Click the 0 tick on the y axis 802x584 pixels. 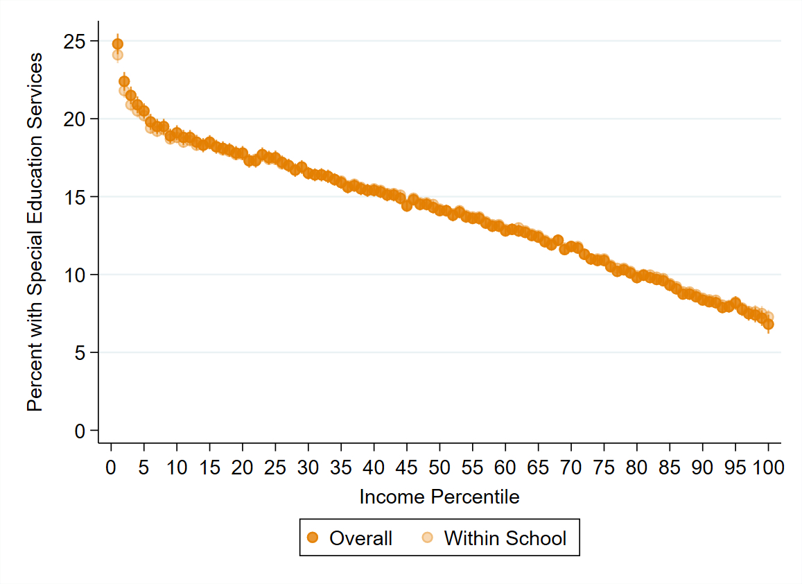tap(81, 431)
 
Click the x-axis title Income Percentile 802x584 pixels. tap(439, 497)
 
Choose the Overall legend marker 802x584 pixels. tap(313, 538)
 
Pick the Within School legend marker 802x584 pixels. tap(427, 538)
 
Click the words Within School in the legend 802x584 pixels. tap(505, 538)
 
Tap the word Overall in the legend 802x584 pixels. tap(360, 538)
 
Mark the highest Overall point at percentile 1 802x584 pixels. tap(118, 44)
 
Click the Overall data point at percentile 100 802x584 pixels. tap(768, 324)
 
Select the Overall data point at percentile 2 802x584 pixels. tap(124, 81)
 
